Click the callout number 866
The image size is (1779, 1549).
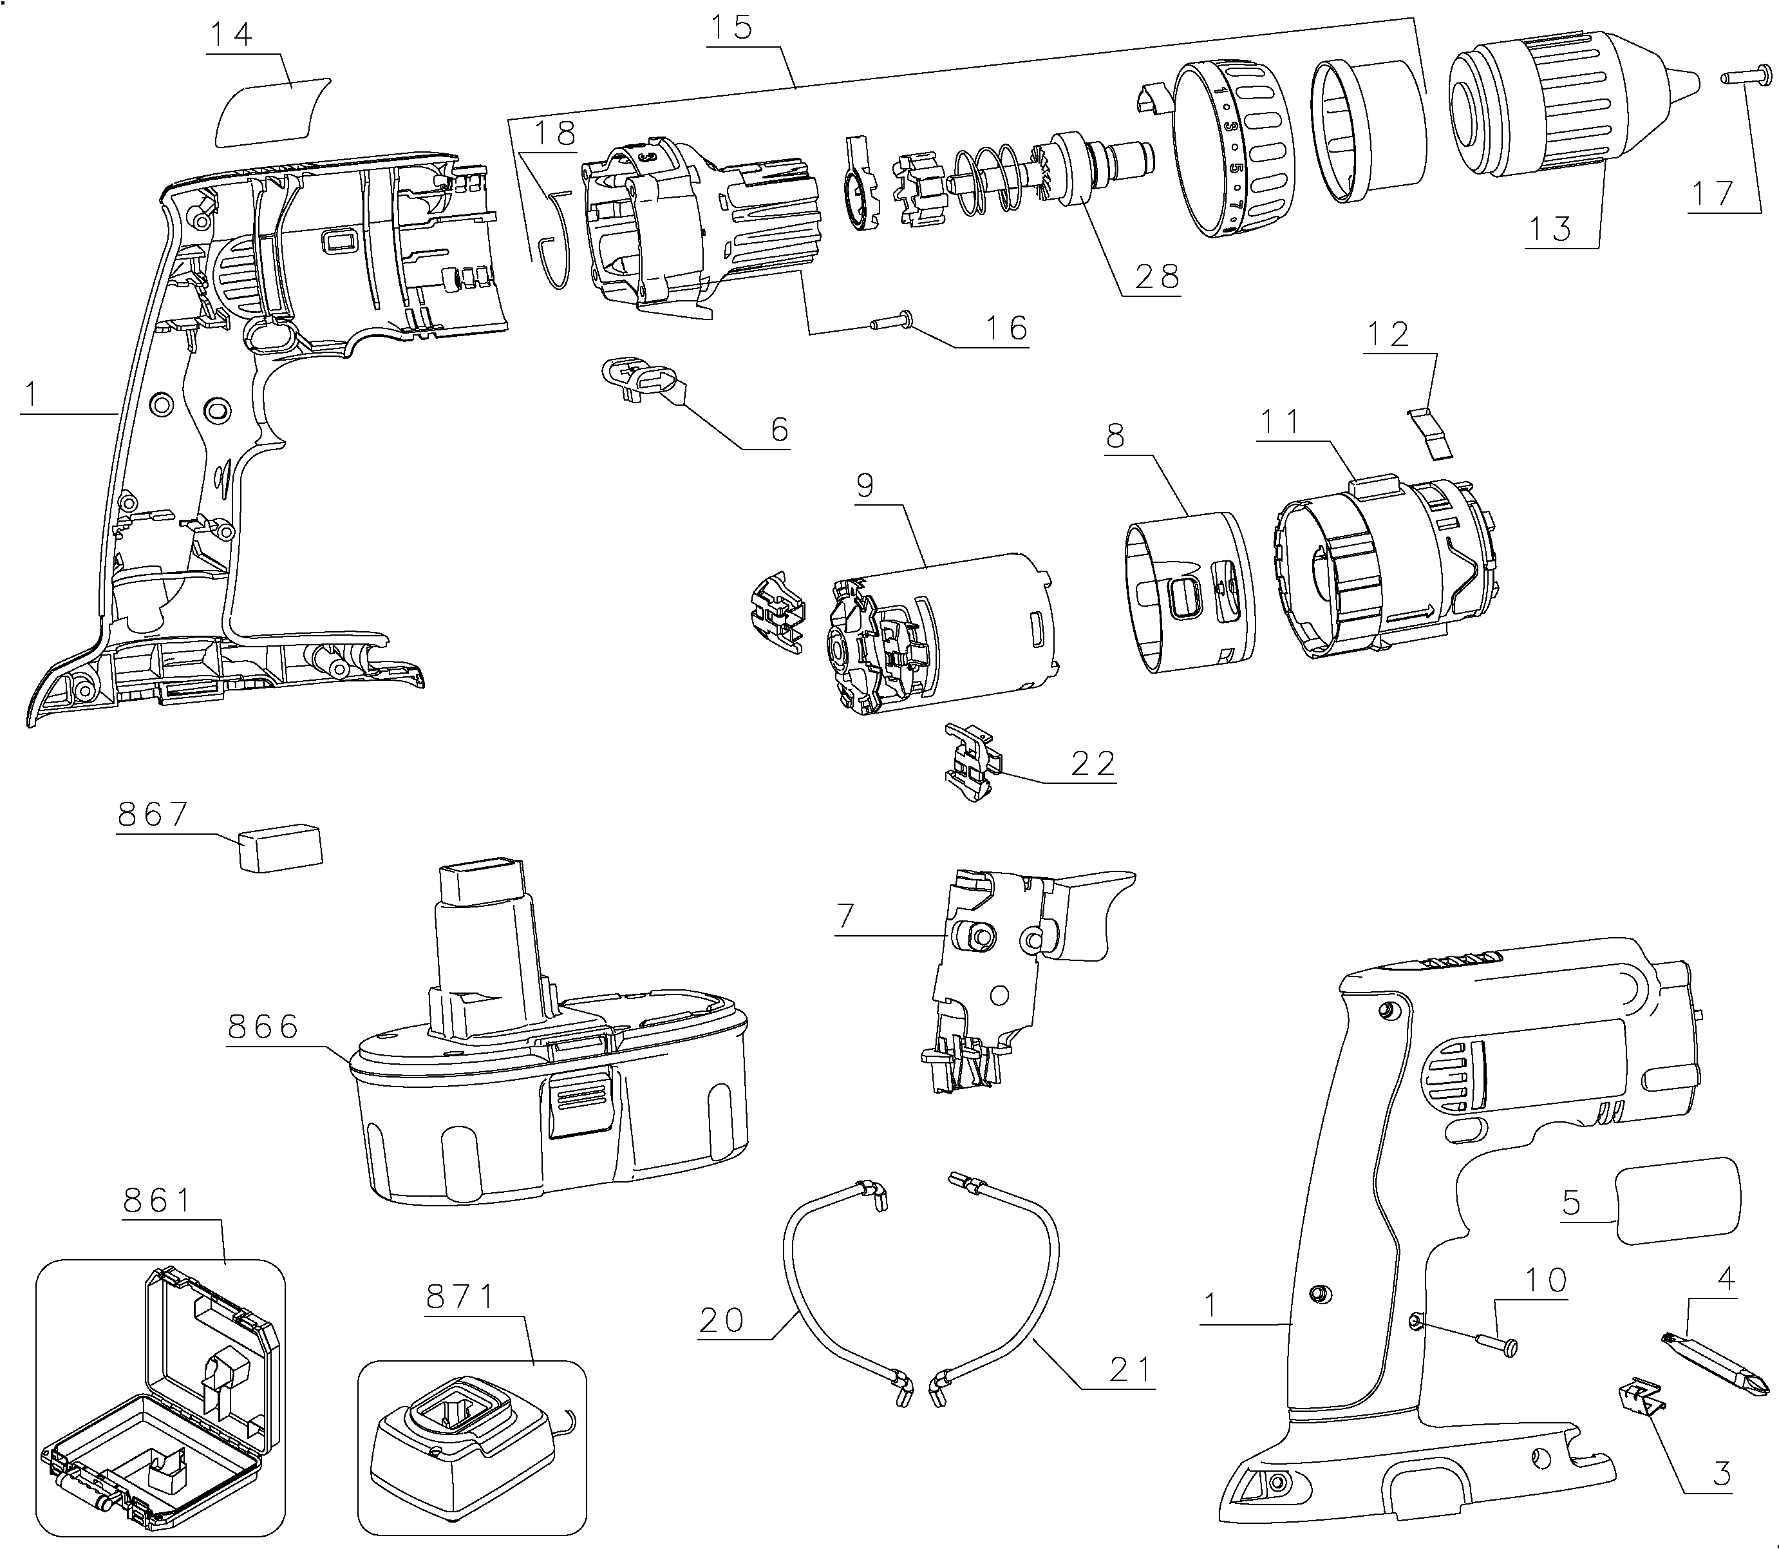pyautogui.click(x=263, y=1026)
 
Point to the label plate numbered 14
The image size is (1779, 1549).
pyautogui.click(x=272, y=109)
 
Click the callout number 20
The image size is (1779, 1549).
pyautogui.click(x=722, y=1321)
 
